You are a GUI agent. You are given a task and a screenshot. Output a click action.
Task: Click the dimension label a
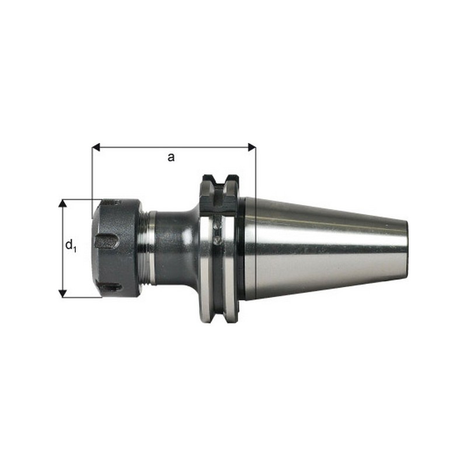[170, 157]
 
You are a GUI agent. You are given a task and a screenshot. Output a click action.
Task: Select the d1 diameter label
[71, 246]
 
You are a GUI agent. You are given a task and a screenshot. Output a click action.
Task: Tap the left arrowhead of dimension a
[96, 147]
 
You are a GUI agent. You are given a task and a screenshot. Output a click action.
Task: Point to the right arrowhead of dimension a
[252, 147]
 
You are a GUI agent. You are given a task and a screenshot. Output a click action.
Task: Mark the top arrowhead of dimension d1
[62, 203]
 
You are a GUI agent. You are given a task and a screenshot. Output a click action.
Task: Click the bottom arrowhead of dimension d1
[62, 294]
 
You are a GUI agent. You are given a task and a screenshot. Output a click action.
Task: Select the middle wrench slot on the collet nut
[106, 241]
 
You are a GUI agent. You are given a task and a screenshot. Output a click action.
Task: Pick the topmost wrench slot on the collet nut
[113, 203]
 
